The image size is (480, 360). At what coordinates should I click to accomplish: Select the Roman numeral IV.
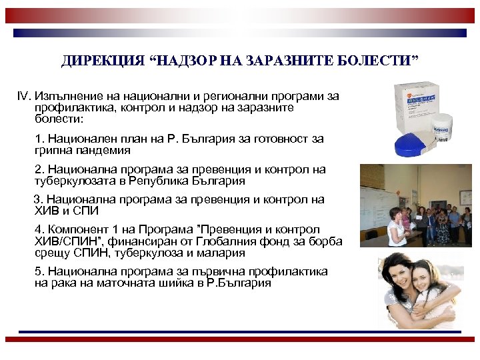click(24, 96)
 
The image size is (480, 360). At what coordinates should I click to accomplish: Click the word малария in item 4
click(219, 253)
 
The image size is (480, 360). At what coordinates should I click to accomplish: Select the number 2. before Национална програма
click(39, 169)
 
